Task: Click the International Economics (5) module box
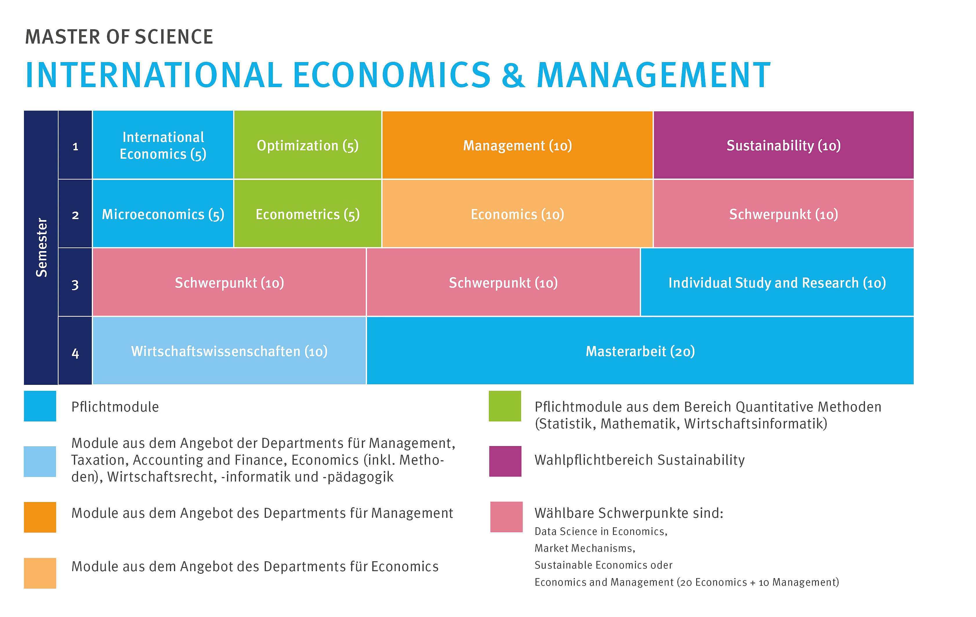pos(163,145)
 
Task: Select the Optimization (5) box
pos(308,145)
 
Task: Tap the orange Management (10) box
pos(517,145)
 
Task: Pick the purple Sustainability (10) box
pos(783,145)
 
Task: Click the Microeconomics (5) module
pos(163,213)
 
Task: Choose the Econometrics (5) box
pos(308,213)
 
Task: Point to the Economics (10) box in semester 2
pos(517,213)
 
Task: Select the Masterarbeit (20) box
pos(640,351)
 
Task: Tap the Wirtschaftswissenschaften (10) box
pos(229,351)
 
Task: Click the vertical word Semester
pos(41,248)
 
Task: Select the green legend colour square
pos(505,406)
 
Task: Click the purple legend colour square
pos(505,461)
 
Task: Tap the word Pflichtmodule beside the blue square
pos(115,407)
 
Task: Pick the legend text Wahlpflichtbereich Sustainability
pos(640,460)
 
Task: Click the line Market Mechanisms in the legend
pos(585,548)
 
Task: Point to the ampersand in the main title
pos(514,75)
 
